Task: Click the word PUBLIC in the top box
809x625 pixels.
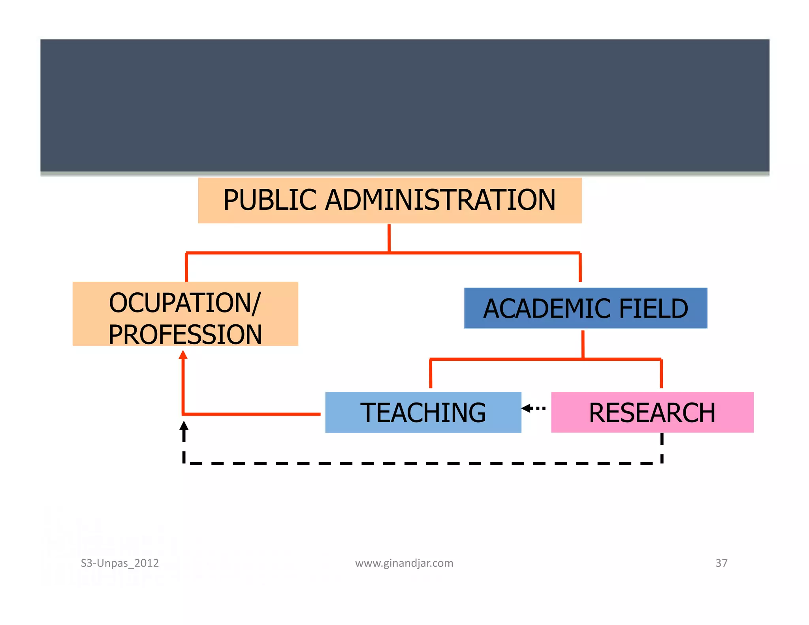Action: click(270, 200)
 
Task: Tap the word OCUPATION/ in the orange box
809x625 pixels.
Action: click(185, 303)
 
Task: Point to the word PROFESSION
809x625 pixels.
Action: click(185, 335)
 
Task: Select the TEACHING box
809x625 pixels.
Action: click(423, 412)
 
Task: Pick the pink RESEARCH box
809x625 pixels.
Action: click(652, 412)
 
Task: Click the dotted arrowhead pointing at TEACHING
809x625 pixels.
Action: click(526, 408)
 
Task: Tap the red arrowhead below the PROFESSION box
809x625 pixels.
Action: click(183, 355)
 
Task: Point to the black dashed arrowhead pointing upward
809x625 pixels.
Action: click(184, 426)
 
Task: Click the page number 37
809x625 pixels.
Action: click(721, 563)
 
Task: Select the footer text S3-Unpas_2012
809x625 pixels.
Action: click(120, 563)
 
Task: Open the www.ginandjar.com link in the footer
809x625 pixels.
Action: click(404, 563)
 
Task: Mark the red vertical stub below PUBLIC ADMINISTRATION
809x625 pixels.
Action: click(389, 238)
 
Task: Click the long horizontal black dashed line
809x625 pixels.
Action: click(423, 463)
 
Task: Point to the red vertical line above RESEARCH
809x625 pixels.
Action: click(661, 374)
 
